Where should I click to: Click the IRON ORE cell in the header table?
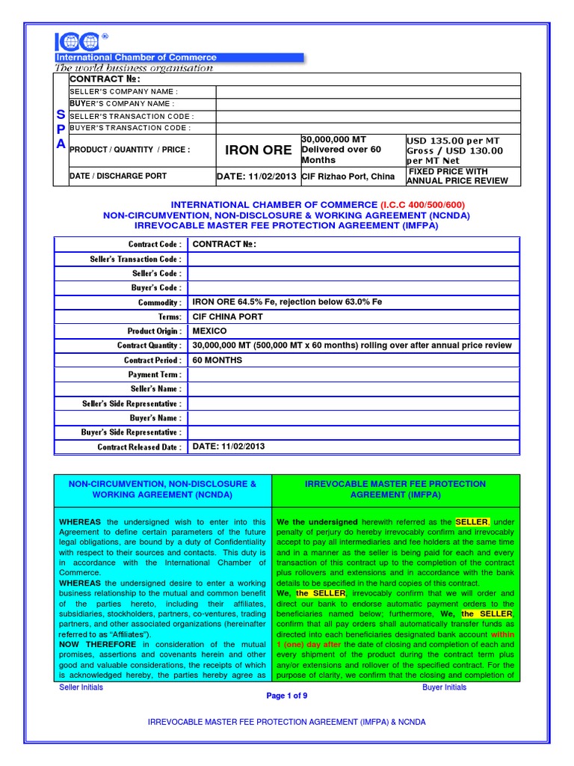coord(258,150)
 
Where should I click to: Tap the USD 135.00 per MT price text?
coord(453,141)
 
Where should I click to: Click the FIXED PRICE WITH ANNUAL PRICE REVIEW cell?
coord(457,177)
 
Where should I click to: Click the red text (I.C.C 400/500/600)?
coord(423,205)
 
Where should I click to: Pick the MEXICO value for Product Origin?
coord(210,331)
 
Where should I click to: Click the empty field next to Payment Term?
coord(353,374)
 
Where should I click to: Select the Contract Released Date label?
coord(139,447)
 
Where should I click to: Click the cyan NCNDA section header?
coord(162,489)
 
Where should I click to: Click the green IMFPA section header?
coord(395,489)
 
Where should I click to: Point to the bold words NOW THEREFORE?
coord(97,643)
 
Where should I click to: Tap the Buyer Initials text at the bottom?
coord(444,687)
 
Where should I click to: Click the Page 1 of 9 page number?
coord(286,696)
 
